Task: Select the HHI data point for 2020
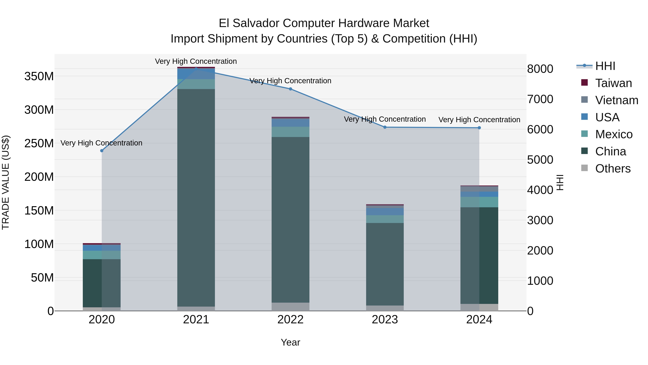tap(102, 151)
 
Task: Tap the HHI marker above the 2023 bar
tap(385, 127)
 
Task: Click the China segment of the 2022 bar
tap(290, 219)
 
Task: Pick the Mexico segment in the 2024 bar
tap(479, 202)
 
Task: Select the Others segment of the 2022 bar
tap(290, 307)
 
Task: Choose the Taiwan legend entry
tap(613, 83)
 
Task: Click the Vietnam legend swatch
tap(584, 100)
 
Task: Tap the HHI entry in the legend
tap(605, 66)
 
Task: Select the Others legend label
tap(613, 169)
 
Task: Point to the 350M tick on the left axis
tap(39, 76)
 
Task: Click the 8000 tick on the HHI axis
tap(540, 69)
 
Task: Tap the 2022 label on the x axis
tap(290, 320)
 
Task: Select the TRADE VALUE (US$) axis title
tap(6, 182)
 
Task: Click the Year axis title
tap(290, 342)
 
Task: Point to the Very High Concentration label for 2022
tap(290, 81)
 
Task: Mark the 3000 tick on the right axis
tap(540, 220)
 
